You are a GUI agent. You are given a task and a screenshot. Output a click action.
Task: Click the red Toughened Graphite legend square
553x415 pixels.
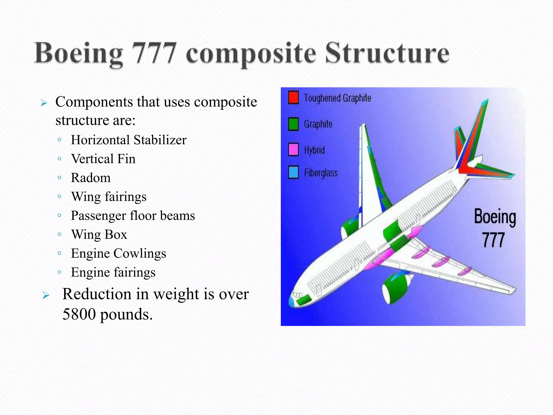coord(293,98)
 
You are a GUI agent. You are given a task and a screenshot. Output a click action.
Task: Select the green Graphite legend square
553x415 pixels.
coord(293,124)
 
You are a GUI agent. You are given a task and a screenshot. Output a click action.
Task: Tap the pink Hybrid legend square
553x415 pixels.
coord(293,149)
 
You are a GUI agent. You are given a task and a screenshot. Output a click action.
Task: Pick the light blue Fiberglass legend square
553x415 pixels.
coord(293,172)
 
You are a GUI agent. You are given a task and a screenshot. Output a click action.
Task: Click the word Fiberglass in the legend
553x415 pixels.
coord(321,173)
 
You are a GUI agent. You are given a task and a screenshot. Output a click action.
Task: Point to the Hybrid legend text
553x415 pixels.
coord(314,150)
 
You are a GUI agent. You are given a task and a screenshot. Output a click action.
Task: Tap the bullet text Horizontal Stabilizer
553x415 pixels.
coord(129,140)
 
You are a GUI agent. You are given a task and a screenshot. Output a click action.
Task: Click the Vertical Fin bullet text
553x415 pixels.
coord(103,159)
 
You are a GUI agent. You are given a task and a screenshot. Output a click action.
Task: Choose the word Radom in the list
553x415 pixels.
coord(91,178)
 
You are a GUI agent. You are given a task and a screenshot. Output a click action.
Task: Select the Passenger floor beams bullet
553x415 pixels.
coord(133,216)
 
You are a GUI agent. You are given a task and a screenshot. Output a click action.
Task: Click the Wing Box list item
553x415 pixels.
coord(99,235)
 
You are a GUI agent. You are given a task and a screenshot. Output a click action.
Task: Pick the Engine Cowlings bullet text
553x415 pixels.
coord(119,253)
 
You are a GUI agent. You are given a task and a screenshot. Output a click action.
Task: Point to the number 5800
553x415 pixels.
coord(79,314)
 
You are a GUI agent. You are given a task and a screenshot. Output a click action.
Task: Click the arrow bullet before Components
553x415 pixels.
coord(44,103)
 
